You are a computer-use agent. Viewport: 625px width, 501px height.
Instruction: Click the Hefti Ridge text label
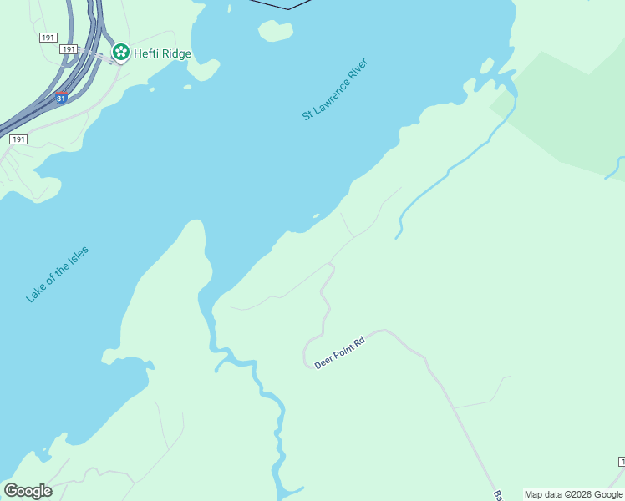[x=163, y=53]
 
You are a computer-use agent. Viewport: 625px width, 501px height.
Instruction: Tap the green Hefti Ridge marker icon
[x=121, y=53]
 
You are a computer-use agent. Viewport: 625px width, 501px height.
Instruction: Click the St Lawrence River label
[x=335, y=89]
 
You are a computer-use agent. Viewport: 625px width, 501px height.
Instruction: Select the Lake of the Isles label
[x=57, y=274]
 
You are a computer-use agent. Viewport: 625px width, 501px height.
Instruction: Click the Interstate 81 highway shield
[x=61, y=99]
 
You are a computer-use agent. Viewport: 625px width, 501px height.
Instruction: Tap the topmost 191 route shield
[x=48, y=38]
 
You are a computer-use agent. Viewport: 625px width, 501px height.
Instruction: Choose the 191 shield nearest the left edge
[x=18, y=139]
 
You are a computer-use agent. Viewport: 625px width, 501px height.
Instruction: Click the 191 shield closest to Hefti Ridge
[x=69, y=50]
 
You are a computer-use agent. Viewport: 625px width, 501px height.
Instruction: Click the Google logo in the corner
[x=28, y=491]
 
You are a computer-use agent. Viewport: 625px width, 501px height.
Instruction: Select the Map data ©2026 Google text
[x=573, y=494]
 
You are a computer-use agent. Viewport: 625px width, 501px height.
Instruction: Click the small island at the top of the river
[x=276, y=31]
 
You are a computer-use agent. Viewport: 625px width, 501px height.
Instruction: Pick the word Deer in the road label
[x=323, y=363]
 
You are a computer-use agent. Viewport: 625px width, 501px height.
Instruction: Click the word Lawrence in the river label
[x=335, y=89]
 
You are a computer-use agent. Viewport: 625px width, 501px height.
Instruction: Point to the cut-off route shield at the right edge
[x=622, y=462]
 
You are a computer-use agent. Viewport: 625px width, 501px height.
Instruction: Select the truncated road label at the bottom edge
[x=497, y=495]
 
